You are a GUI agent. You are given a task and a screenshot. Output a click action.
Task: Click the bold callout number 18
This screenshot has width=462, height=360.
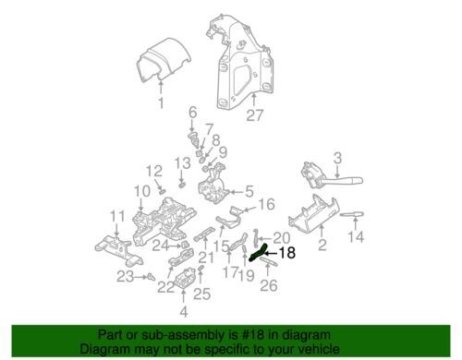tap(287, 253)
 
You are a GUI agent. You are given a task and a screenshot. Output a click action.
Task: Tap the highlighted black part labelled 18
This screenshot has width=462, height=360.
tap(258, 252)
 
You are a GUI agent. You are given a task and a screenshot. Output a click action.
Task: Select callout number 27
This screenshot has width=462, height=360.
tap(255, 115)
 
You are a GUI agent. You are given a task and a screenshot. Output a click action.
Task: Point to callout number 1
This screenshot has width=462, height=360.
tap(161, 103)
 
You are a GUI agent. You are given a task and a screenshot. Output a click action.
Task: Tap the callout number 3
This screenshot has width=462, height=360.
tap(337, 158)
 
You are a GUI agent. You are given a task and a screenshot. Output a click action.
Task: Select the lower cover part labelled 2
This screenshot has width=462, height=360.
tap(313, 214)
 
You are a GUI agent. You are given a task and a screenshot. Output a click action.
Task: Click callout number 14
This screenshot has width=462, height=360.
tap(356, 237)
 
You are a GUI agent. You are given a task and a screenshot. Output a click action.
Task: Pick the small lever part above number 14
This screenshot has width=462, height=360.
tap(352, 214)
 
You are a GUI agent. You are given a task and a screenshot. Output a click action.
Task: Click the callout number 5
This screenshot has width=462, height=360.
tap(249, 191)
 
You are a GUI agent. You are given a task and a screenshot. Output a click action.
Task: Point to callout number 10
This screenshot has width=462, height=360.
tap(142, 191)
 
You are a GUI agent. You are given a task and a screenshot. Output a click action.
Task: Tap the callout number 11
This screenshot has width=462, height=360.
tap(117, 216)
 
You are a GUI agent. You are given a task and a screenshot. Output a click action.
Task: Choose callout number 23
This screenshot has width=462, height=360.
tap(125, 277)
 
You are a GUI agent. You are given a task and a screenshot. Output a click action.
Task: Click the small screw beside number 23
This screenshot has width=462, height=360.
tap(152, 276)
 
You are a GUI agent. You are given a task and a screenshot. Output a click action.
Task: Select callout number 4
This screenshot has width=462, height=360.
tap(183, 312)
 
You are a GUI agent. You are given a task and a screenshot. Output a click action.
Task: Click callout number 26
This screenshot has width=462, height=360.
tap(269, 285)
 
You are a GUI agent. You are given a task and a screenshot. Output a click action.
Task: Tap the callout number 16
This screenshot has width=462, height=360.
tap(267, 204)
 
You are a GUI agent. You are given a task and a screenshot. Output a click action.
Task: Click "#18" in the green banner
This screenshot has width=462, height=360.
tap(253, 335)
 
